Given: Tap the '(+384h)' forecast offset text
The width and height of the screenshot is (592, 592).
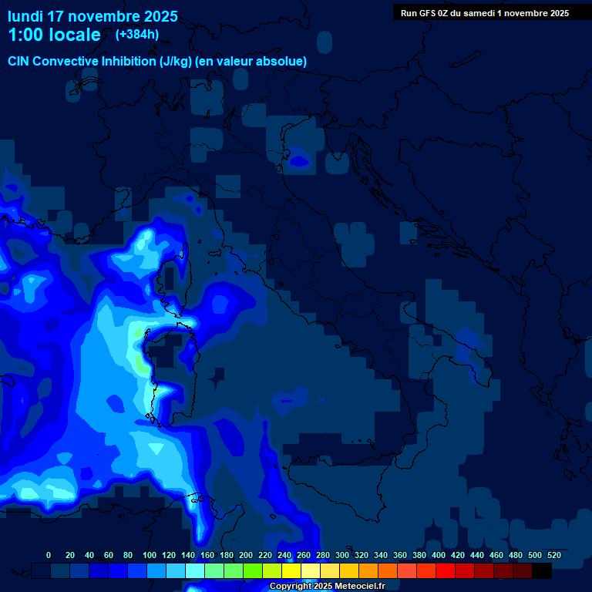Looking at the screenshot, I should coord(136,35).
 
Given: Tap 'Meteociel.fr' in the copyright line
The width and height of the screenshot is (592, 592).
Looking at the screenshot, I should coord(359,587).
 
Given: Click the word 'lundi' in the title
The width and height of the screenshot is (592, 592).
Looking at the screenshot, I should coord(25,16).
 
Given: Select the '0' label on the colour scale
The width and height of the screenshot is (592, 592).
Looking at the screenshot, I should coord(49,555).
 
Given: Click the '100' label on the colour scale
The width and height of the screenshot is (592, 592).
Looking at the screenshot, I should coord(150,555).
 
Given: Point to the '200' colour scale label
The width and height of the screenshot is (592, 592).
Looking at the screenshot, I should coord(246,555).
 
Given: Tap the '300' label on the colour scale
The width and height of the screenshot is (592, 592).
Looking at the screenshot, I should coord(342,555).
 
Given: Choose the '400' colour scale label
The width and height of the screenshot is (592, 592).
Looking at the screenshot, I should coord(439,555).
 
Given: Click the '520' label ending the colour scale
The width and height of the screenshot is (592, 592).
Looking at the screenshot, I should coord(553,555).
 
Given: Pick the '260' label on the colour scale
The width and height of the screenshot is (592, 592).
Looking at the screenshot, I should coord(304,555).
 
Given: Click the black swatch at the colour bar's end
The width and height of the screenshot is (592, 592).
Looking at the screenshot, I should coord(542,570).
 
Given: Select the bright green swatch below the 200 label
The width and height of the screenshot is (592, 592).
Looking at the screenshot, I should coord(253,570).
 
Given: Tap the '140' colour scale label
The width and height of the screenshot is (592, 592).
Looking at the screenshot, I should coord(188,555).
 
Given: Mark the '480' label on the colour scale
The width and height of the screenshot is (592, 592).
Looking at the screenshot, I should coord(516,555).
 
